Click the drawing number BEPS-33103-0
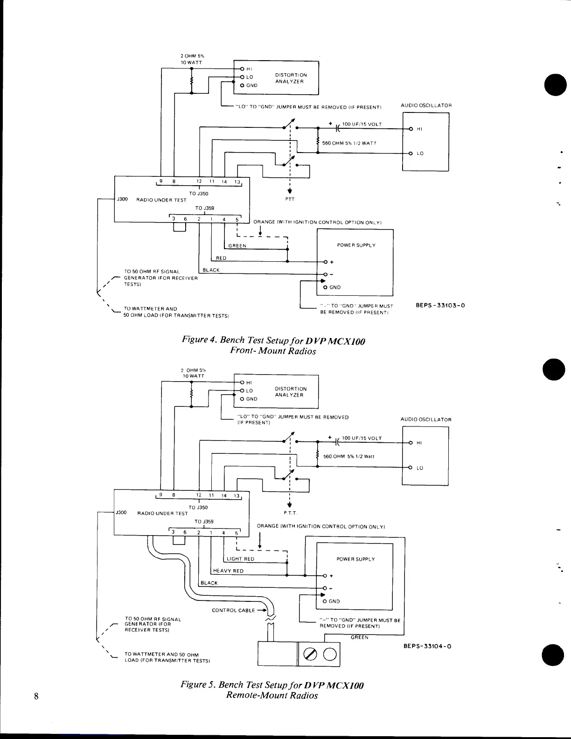pyautogui.click(x=440, y=306)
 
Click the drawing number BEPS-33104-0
pyautogui.click(x=427, y=646)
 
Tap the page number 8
pyautogui.click(x=35, y=697)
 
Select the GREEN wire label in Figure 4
pyautogui.click(x=237, y=246)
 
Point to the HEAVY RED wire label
pyautogui.click(x=228, y=571)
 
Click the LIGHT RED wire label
pyautogui.click(x=240, y=559)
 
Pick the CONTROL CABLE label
pyautogui.click(x=233, y=610)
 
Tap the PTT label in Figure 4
pyautogui.click(x=290, y=199)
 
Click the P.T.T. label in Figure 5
pyautogui.click(x=290, y=513)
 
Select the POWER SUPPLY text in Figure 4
pyautogui.click(x=356, y=245)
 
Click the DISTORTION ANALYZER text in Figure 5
pyautogui.click(x=291, y=392)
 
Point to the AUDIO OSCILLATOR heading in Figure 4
pyautogui.click(x=426, y=105)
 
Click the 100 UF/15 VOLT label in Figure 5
pyautogui.click(x=362, y=438)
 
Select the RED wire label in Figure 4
pyautogui.click(x=221, y=258)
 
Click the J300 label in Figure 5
pyautogui.click(x=121, y=513)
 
